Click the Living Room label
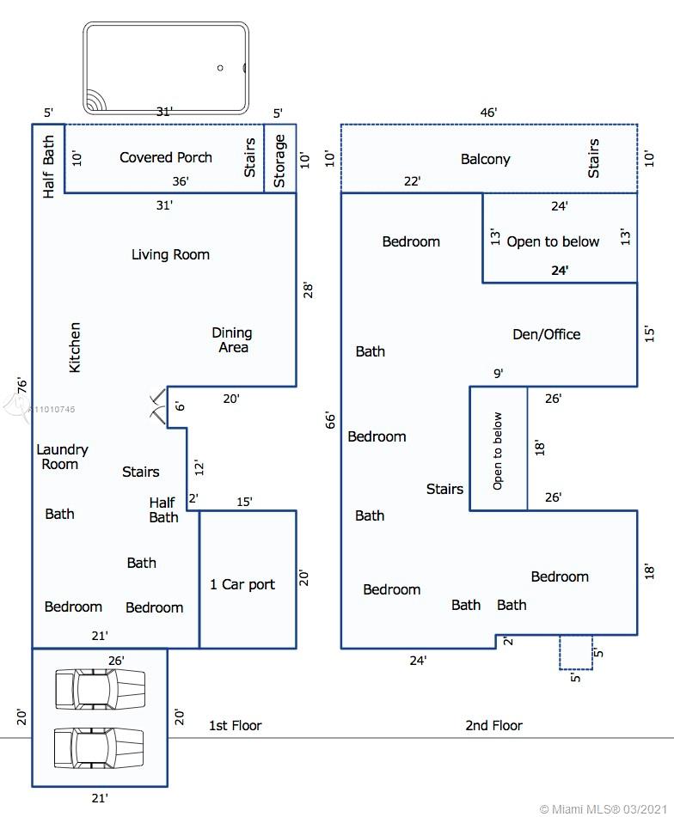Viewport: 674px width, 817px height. tap(170, 254)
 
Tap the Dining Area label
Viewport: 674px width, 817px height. tap(232, 339)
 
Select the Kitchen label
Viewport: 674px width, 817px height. tap(75, 347)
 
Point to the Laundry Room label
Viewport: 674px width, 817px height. tap(62, 456)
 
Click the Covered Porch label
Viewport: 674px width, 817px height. tap(166, 157)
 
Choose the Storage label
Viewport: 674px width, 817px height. tap(279, 161)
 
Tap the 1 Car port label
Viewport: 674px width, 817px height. tap(242, 584)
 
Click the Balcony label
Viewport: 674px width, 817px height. tap(486, 159)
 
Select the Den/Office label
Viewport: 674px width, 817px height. tap(546, 334)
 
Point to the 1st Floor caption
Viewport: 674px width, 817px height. tap(235, 725)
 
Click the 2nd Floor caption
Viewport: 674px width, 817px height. tap(493, 725)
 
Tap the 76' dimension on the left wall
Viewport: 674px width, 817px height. tap(21, 385)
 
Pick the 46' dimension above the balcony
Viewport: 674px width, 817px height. tap(488, 113)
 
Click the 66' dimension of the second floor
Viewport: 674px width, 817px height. tap(330, 420)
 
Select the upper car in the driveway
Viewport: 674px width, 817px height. tap(100, 689)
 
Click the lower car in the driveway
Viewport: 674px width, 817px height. tap(99, 748)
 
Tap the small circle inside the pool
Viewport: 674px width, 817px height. tap(220, 68)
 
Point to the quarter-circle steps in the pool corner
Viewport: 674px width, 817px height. tap(95, 101)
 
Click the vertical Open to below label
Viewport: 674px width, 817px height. tap(498, 451)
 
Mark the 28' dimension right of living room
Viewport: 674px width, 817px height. tap(308, 290)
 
